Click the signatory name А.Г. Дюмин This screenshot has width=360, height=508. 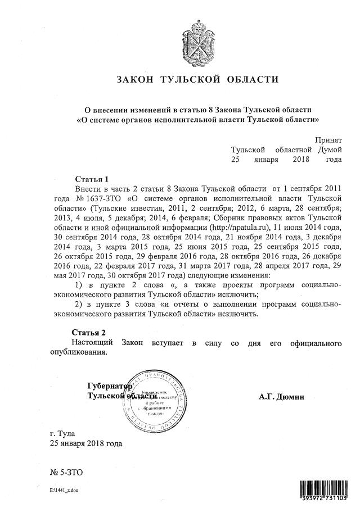point(281,397)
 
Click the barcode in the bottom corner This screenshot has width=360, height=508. point(323,491)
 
